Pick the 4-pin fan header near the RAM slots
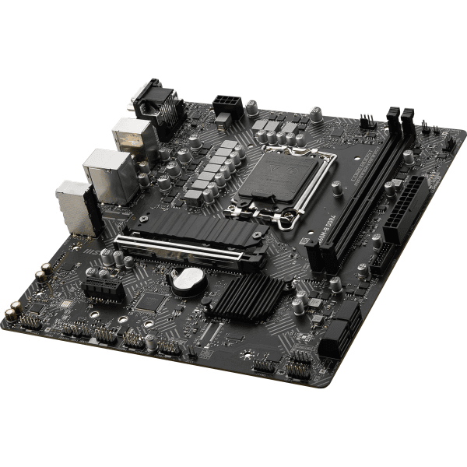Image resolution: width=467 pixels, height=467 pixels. click(366, 122)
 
